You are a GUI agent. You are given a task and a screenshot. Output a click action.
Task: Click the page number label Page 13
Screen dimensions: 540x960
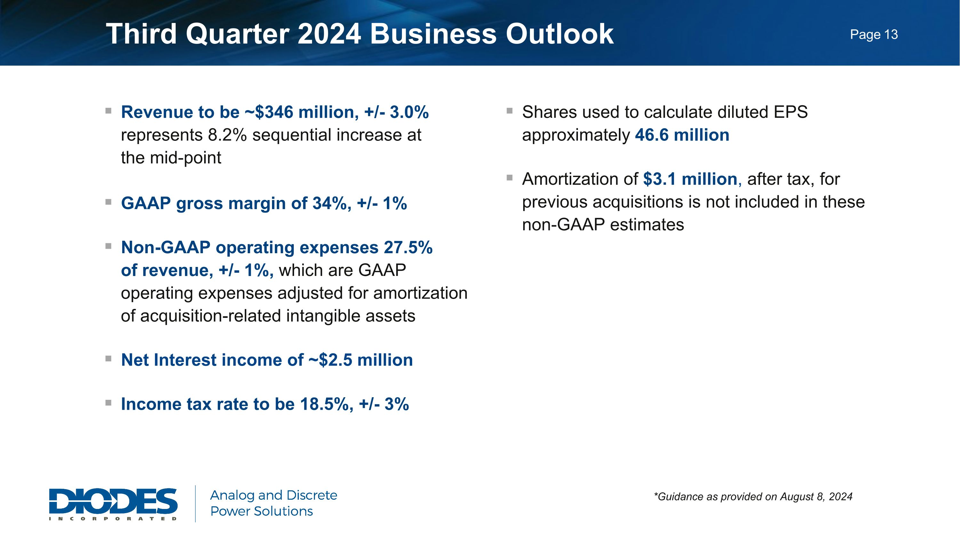tap(874, 35)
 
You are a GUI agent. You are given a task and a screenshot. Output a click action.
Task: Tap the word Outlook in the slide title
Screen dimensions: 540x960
tap(559, 34)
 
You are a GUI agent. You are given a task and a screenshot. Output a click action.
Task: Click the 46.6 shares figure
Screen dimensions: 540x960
tap(652, 135)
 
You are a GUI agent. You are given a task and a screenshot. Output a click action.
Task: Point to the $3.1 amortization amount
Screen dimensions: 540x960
tap(659, 179)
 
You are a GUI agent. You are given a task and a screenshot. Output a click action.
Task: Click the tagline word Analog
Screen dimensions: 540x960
tap(232, 495)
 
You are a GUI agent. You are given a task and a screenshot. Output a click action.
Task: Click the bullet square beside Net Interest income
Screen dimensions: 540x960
tap(108, 359)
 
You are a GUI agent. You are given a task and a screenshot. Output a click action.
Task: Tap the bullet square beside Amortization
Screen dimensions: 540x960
tap(509, 178)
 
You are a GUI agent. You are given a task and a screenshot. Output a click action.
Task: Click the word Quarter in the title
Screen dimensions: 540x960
tap(237, 34)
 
